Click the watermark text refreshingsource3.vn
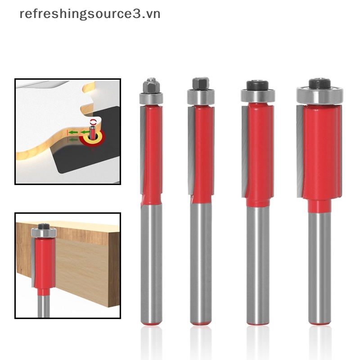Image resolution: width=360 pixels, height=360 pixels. pyautogui.click(x=90, y=14)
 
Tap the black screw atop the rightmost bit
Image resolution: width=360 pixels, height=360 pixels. pyautogui.click(x=319, y=83)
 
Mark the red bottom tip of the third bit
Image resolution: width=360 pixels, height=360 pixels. pyautogui.click(x=258, y=322)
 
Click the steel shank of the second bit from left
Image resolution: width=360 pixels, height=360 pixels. pyautogui.click(x=200, y=261)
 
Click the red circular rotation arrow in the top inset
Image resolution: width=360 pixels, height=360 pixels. pyautogui.click(x=94, y=122)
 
